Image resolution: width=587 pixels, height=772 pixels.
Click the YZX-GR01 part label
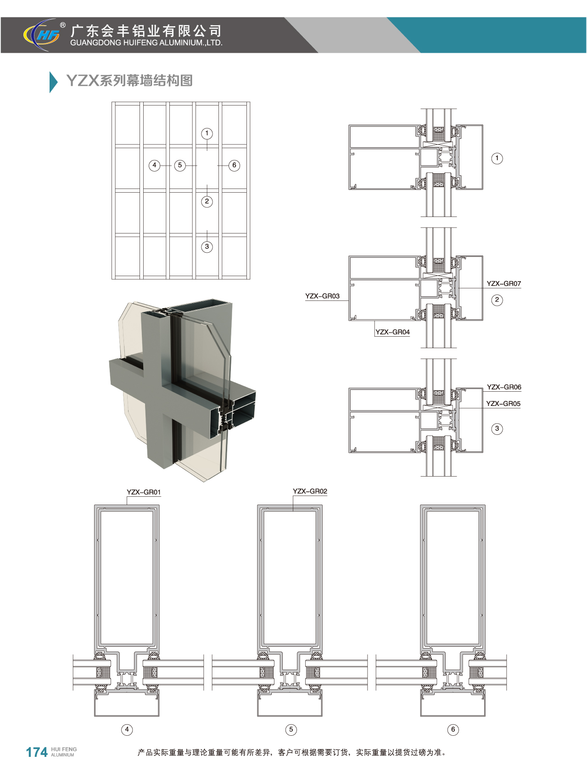coord(144,492)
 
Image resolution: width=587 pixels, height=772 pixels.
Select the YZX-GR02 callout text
coord(310,491)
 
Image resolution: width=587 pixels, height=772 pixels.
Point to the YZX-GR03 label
coord(322,296)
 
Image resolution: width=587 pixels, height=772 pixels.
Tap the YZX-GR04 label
coord(392,332)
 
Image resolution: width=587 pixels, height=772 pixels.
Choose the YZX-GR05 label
coord(503,404)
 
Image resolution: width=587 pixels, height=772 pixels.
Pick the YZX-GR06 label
coord(504,387)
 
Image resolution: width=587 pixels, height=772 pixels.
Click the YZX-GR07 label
coord(503,283)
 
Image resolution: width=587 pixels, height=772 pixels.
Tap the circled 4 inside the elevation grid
coord(155,165)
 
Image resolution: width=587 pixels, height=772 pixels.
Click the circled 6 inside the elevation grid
coord(234,165)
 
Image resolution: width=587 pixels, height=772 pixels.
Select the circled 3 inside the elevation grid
coord(207,247)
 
